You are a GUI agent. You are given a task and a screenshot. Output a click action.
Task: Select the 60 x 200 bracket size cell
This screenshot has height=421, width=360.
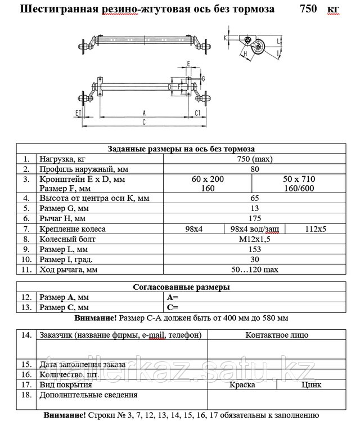pos(208,179)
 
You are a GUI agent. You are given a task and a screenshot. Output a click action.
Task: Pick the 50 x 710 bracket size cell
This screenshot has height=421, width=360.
pos(299,179)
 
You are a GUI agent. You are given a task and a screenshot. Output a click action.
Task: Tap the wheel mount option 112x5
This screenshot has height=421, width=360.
pos(316,229)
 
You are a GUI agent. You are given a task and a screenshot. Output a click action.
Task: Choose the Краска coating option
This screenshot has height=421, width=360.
pos(242,385)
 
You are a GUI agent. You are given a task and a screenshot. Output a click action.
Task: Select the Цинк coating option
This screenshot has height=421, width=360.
pos(312,385)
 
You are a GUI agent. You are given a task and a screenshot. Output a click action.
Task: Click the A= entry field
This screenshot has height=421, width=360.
pos(173,297)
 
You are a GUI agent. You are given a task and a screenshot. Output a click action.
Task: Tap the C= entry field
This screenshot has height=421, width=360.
pos(173,307)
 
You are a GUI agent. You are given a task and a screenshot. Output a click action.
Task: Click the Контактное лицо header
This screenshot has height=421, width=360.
pos(277,335)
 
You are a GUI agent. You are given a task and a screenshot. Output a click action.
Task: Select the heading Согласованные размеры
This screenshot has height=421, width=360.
pos(181,286)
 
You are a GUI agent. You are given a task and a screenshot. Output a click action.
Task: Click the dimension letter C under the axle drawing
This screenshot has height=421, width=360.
pos(144,122)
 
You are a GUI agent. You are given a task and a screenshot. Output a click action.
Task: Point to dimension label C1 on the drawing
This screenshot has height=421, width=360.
pos(198,113)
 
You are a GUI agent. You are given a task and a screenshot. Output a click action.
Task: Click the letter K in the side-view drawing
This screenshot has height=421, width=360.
pos(226,37)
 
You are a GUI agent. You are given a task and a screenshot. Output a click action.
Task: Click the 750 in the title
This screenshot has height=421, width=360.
pos(308,10)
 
